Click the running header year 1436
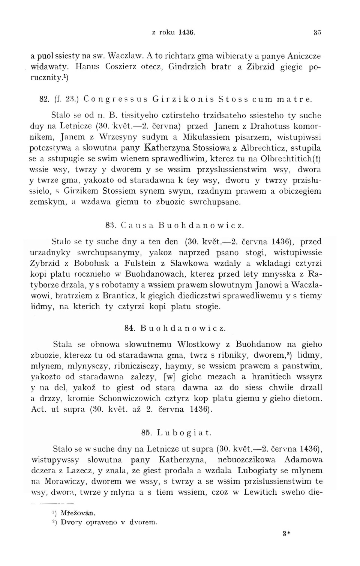(x=186, y=32)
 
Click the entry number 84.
(x=129, y=328)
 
